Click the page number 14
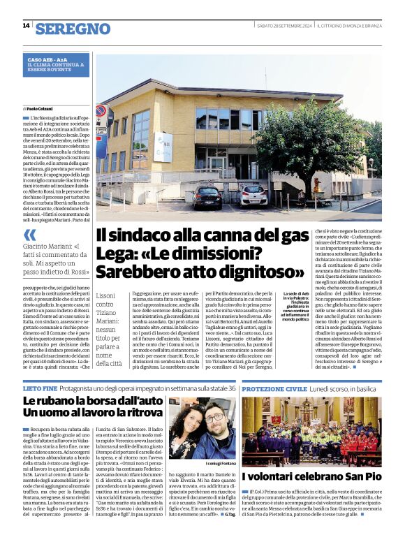[x=26, y=27]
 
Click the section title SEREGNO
[x=73, y=29]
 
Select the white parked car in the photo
[x=253, y=194]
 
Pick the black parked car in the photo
[x=207, y=198]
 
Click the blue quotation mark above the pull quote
[x=29, y=235]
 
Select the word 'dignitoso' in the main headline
[x=264, y=270]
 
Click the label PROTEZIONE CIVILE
[x=274, y=388]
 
